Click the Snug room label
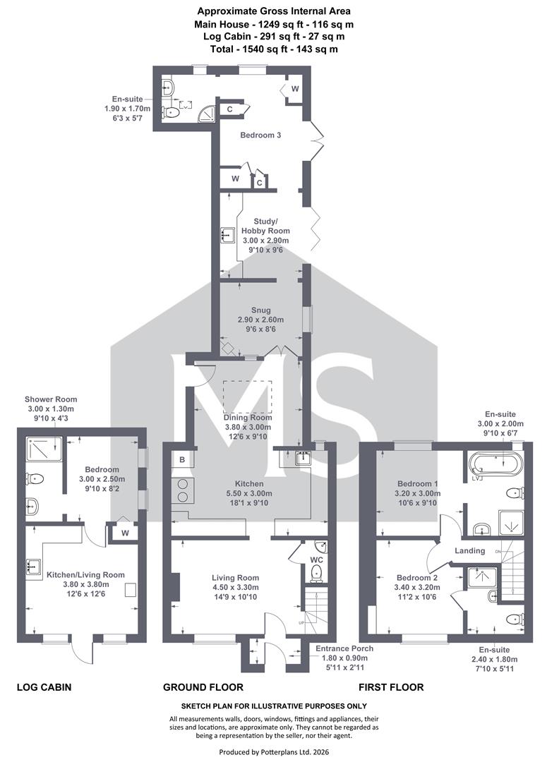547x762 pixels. [260, 310]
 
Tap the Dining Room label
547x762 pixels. [248, 418]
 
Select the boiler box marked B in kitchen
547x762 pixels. [182, 460]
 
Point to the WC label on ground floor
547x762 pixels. [316, 560]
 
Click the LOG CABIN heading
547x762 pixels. [44, 687]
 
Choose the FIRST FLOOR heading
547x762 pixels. [391, 687]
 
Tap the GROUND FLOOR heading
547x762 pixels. [203, 687]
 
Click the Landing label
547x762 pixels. [469, 550]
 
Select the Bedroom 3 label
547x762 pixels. [260, 135]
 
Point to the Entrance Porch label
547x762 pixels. [344, 648]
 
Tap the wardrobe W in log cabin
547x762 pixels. [125, 533]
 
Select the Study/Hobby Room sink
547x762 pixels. [228, 235]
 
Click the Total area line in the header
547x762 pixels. [274, 49]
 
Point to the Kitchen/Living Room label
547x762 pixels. [85, 575]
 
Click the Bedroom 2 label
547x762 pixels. [417, 578]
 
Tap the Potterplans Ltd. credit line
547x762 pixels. [274, 752]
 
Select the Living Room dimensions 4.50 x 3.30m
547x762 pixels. [235, 588]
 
